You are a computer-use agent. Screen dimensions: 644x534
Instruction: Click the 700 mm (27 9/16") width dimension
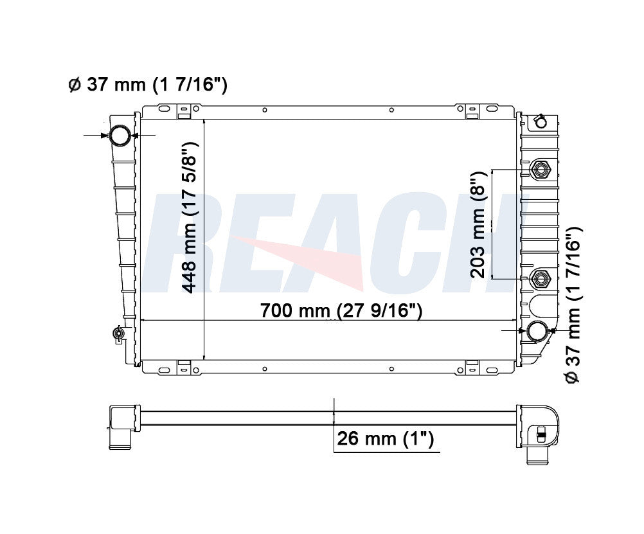341,310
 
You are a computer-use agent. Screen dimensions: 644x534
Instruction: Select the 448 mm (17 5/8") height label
190,217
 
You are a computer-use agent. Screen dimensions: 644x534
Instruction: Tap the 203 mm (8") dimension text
478,225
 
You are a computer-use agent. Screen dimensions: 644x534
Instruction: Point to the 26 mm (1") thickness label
385,438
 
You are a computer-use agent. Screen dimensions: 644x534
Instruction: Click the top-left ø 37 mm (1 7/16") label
147,85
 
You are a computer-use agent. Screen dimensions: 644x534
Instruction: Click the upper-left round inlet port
120,135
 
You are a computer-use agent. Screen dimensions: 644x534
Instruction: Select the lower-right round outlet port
537,331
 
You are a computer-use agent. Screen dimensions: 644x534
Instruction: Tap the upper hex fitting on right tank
540,169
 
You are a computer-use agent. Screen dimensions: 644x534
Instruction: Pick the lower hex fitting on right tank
540,280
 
